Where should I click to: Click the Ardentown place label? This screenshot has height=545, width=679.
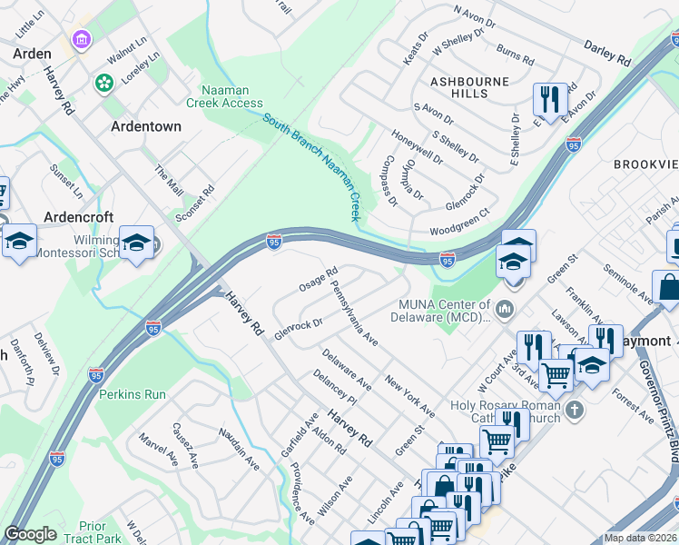tap(146, 126)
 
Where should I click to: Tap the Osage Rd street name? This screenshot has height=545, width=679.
tap(319, 279)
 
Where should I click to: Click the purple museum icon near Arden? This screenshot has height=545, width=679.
tap(81, 41)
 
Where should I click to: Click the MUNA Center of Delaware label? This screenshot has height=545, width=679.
tap(445, 311)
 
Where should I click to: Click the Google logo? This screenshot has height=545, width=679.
tap(31, 533)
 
